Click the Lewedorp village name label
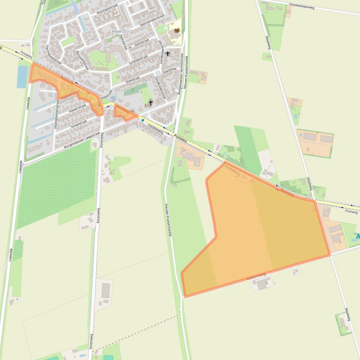pyautogui.click(x=121, y=31)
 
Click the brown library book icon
pyautogui.click(x=177, y=31)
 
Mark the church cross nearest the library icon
pyautogui.click(x=167, y=54)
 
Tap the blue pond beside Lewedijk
pyautogui.click(x=22, y=77)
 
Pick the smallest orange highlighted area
pyautogui.click(x=124, y=112)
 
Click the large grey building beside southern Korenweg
pyautogui.click(x=106, y=290)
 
